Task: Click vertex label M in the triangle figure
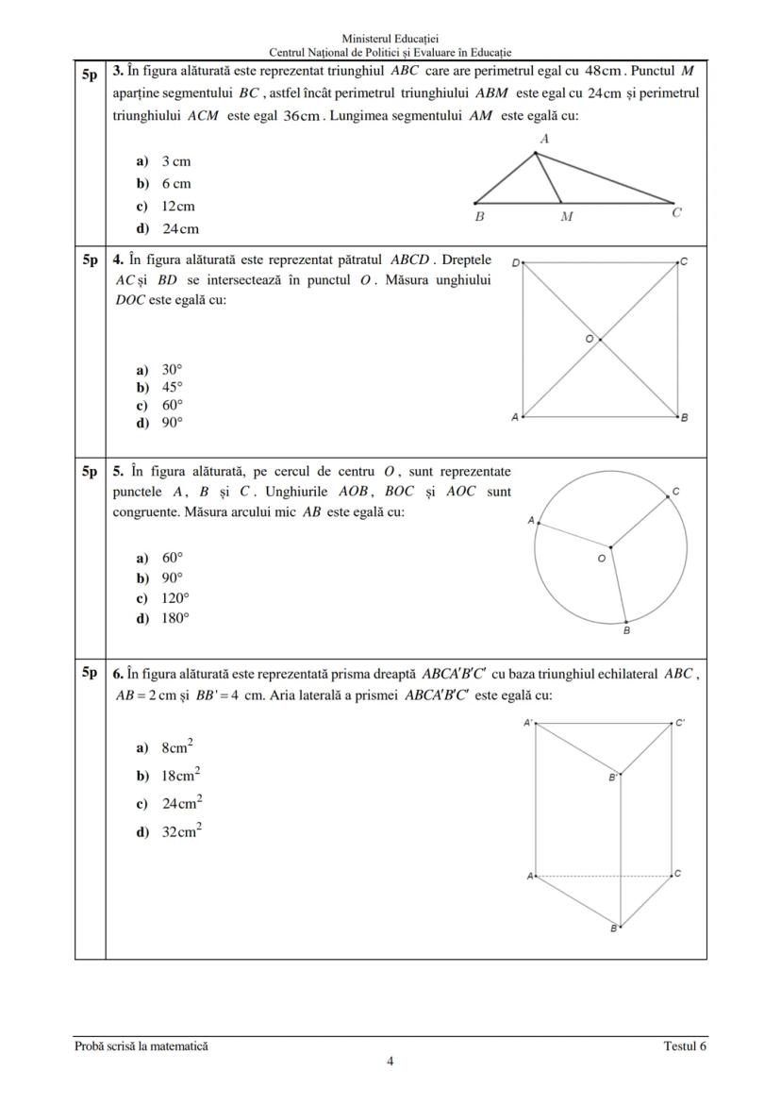pos(567,216)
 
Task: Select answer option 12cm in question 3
pos(177,207)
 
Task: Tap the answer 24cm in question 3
pos(180,229)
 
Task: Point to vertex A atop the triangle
pos(543,139)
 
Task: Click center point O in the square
pos(590,338)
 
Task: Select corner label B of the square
pos(684,417)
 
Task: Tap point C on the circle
pos(675,493)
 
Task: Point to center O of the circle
pos(602,559)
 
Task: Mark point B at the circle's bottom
pos(626,631)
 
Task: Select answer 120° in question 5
pos(174,598)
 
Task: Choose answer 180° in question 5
pos(174,619)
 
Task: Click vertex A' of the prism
pos(529,723)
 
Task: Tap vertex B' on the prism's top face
pos(612,778)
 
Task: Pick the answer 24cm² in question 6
pos(182,804)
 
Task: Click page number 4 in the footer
pos(390,1061)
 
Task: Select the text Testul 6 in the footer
pos(684,1046)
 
